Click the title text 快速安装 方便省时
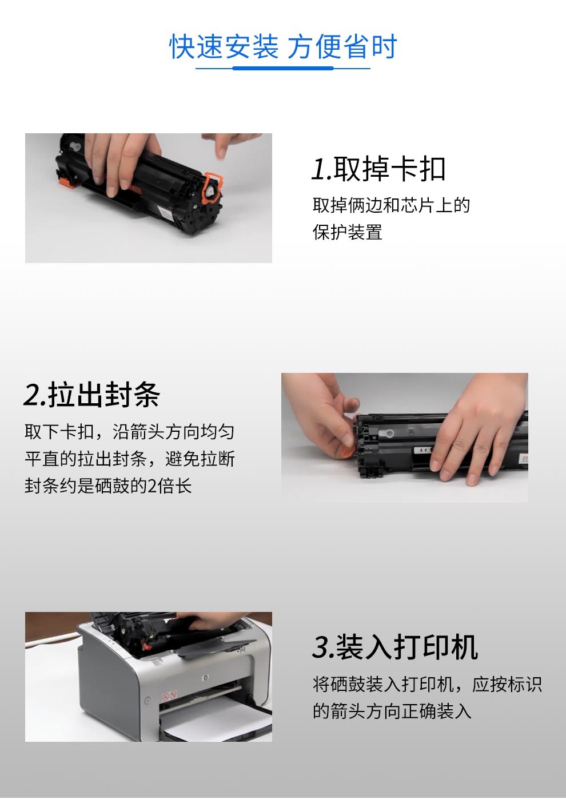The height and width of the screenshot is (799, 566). click(283, 46)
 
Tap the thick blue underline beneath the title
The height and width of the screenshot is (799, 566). click(283, 68)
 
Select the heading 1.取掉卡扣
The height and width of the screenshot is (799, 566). click(378, 169)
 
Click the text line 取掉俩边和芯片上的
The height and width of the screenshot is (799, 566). click(391, 205)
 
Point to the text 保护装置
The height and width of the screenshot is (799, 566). click(347, 232)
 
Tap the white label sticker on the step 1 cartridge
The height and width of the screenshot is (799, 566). click(165, 214)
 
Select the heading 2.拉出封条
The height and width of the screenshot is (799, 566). click(91, 395)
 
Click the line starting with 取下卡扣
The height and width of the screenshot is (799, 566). click(129, 431)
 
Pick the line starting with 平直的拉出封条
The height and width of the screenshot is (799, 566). click(129, 459)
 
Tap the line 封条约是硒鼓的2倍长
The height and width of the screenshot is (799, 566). click(108, 486)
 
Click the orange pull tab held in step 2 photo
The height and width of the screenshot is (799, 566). click(345, 452)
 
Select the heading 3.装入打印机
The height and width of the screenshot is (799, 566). click(394, 647)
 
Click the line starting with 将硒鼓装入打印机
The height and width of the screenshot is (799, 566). click(427, 684)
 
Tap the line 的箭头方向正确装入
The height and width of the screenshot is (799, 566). click(392, 711)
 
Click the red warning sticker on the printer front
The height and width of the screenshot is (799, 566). click(169, 696)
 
